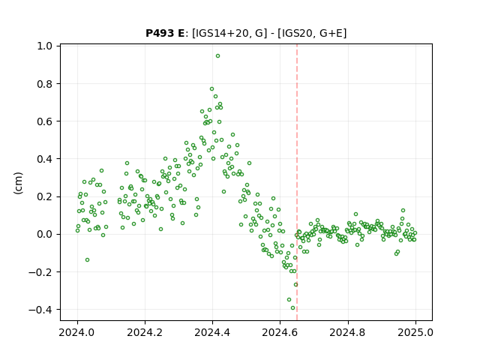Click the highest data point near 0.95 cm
(217, 56)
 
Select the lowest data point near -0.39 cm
(292, 308)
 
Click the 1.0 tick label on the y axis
(45, 46)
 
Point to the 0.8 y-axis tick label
(45, 83)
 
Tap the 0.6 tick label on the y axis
(45, 121)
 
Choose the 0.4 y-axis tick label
(45, 159)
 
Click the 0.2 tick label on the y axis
(45, 196)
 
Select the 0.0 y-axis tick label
(45, 234)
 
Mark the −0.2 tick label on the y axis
(40, 271)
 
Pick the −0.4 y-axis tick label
(40, 310)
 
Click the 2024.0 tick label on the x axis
(77, 332)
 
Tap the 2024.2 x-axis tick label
(145, 332)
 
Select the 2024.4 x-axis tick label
(212, 332)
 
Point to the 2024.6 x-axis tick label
(280, 332)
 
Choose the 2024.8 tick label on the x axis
(348, 332)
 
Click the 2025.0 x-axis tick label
(415, 332)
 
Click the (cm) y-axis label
(18, 183)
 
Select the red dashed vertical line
(297, 182)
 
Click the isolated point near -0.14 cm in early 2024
(87, 260)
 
